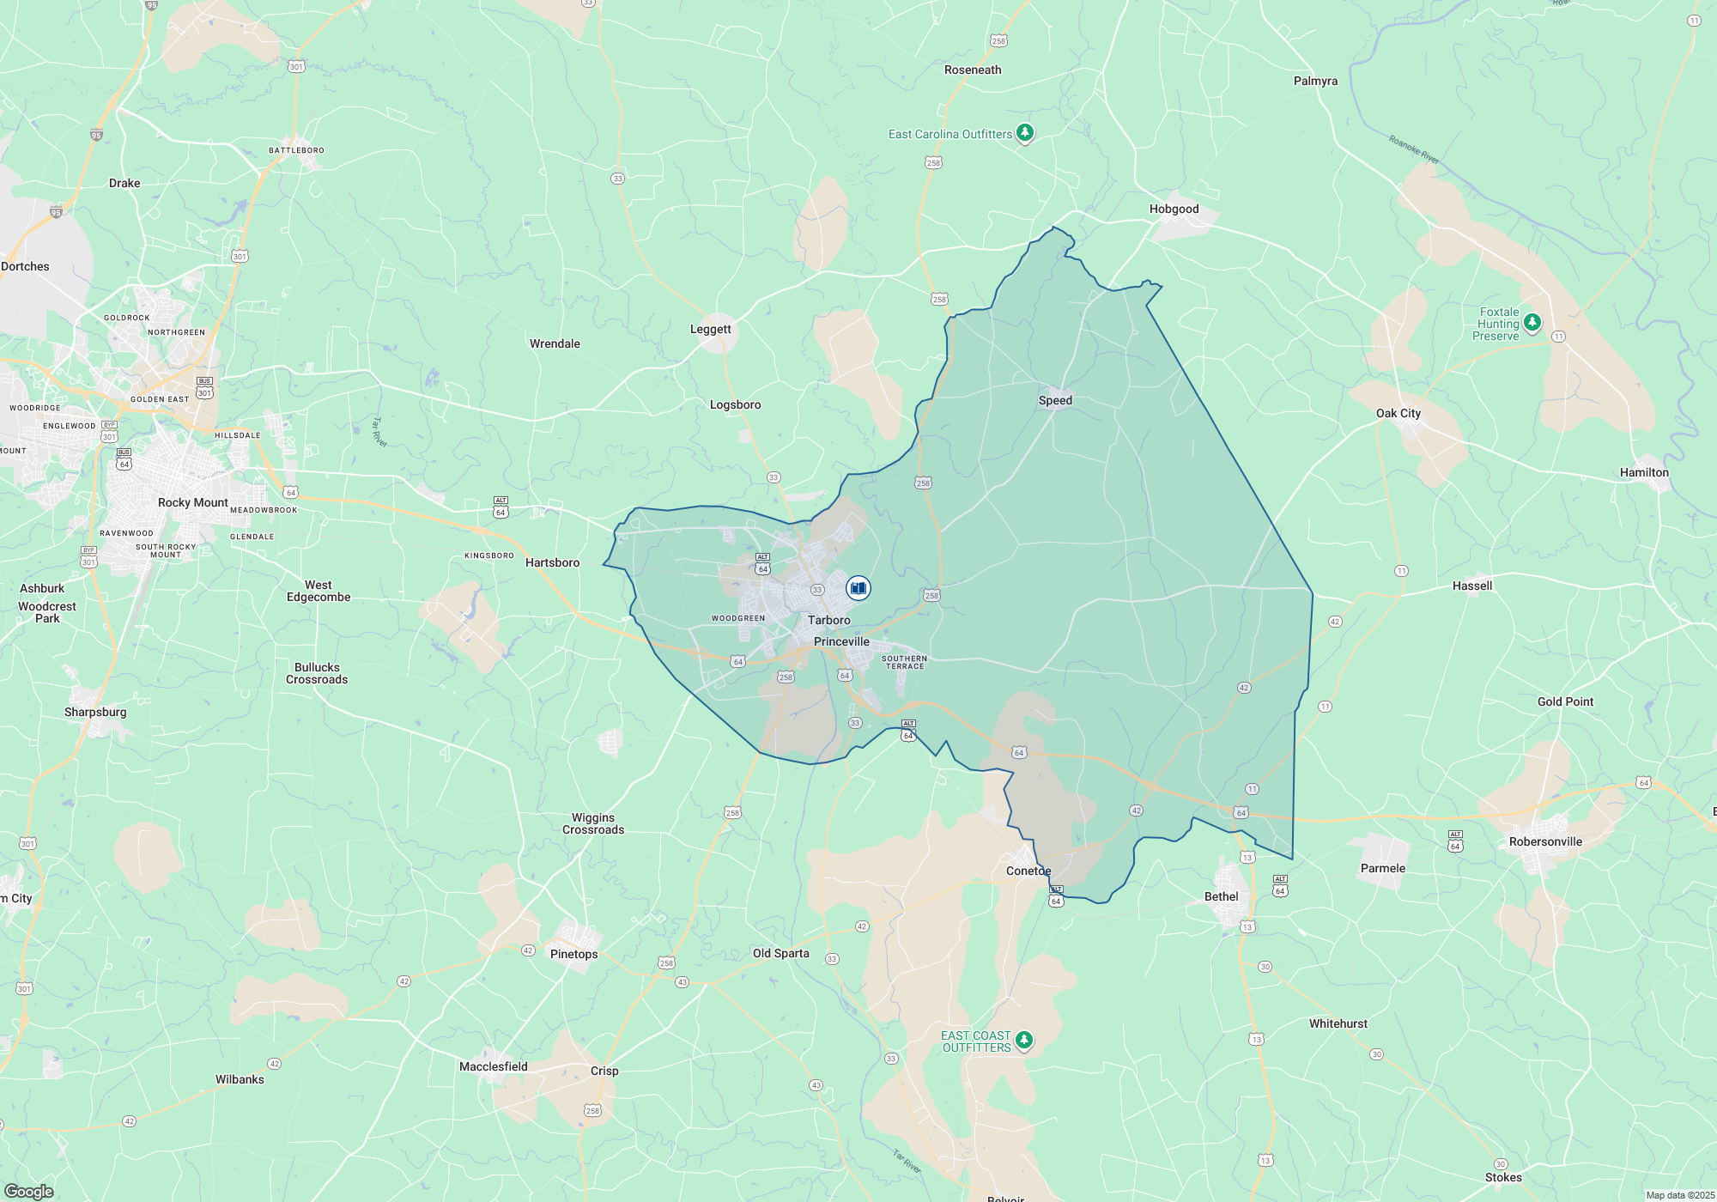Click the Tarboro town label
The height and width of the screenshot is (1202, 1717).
click(828, 620)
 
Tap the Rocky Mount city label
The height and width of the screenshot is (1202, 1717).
click(192, 502)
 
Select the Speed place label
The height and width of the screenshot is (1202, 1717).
click(1055, 400)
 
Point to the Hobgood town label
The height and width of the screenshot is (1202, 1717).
click(1174, 209)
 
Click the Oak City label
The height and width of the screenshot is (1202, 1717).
click(1398, 413)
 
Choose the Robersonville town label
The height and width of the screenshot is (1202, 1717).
click(1545, 841)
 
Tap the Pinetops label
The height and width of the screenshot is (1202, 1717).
click(573, 954)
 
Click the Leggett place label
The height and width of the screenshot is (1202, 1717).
click(710, 329)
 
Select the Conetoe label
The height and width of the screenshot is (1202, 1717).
click(1028, 871)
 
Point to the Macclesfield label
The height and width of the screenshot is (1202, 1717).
click(493, 1066)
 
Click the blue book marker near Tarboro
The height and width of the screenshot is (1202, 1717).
click(858, 588)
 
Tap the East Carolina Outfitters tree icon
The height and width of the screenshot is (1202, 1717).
click(1024, 133)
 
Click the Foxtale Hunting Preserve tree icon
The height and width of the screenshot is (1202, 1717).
click(1532, 323)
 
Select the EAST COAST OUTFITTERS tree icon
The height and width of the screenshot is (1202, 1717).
click(1023, 1041)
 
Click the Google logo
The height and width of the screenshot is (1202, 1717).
click(29, 1191)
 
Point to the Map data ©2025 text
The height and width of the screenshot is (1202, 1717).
click(1679, 1195)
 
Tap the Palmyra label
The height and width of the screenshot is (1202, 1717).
click(1315, 81)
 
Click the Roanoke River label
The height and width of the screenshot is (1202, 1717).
click(1413, 149)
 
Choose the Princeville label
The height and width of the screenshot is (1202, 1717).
click(841, 641)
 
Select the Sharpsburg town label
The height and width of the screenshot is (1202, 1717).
click(94, 712)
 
